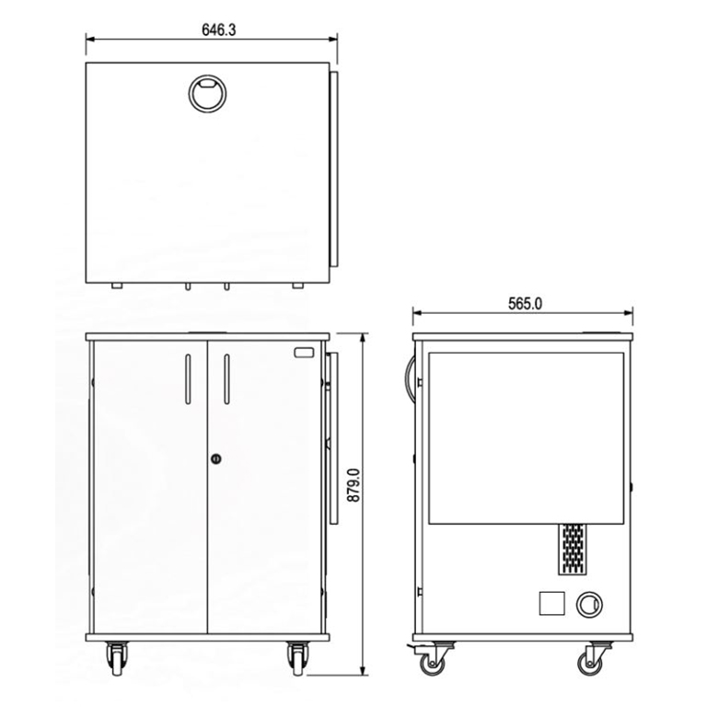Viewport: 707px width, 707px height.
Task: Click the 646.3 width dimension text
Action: [x=219, y=29]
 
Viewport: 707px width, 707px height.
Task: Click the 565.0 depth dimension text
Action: [x=526, y=304]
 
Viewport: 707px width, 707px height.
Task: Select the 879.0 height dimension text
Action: [x=353, y=485]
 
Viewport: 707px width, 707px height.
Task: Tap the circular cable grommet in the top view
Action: [x=207, y=94]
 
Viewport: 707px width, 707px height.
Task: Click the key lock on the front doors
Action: [x=216, y=459]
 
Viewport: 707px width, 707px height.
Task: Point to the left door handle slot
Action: [x=188, y=379]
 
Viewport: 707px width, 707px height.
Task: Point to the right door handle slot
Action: [x=226, y=379]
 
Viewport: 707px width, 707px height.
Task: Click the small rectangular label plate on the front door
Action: [x=304, y=353]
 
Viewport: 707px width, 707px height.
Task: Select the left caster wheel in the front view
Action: [x=117, y=659]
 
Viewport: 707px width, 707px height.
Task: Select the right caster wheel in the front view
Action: [x=298, y=659]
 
